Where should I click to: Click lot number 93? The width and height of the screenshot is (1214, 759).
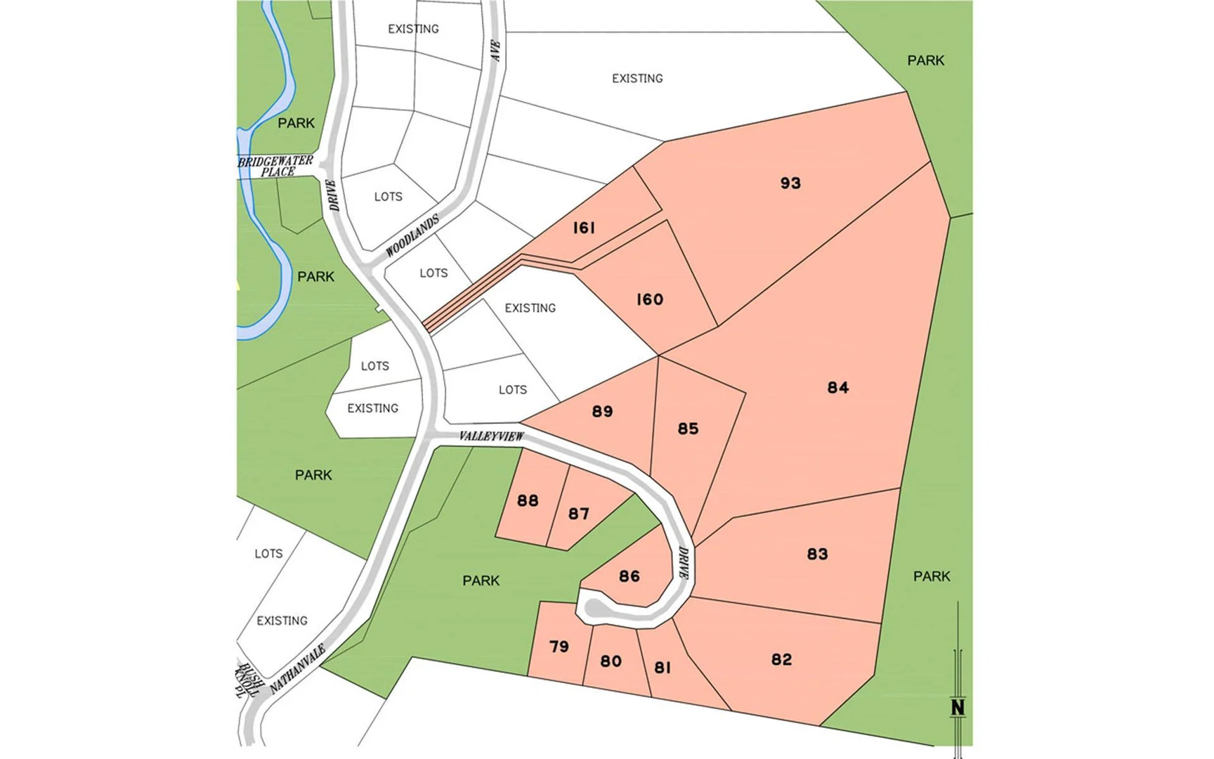(790, 183)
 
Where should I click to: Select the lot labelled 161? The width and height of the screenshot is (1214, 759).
(585, 228)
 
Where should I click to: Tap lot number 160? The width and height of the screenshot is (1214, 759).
(650, 300)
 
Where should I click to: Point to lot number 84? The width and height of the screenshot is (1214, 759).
(838, 388)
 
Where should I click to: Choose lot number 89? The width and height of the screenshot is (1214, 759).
(602, 412)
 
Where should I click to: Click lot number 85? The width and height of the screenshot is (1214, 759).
(688, 429)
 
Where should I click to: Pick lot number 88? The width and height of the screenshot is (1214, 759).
(528, 500)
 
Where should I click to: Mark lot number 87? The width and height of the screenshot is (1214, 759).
(579, 514)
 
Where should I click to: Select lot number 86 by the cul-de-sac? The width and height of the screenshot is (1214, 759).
(629, 576)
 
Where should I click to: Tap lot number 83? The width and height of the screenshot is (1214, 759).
(817, 554)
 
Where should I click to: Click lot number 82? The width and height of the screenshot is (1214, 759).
(781, 660)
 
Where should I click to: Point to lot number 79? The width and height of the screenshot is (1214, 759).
(559, 647)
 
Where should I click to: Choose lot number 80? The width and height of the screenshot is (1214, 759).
(611, 661)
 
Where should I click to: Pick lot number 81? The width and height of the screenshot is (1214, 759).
(663, 668)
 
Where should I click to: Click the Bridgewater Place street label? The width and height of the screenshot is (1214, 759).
(276, 167)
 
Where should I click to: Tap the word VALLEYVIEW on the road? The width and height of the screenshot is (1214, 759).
(492, 436)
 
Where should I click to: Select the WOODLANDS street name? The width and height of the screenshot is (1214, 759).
(412, 235)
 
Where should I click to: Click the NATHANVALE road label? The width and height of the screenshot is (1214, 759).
(298, 668)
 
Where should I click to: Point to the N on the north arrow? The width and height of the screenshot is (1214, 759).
(958, 707)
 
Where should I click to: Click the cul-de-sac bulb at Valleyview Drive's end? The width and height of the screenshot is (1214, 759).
(594, 606)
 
